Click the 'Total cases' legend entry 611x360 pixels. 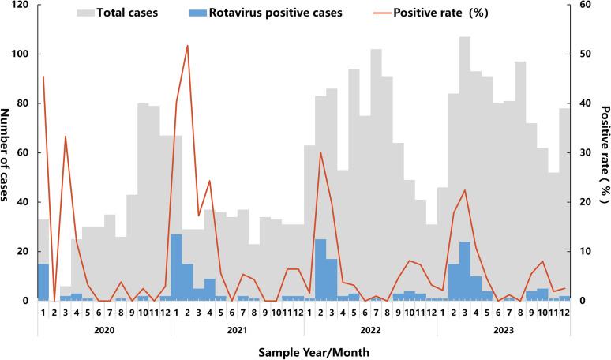click(129, 13)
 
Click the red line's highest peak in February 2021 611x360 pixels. click(187, 45)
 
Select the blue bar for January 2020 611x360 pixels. click(43, 282)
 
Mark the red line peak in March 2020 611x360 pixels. click(65, 137)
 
